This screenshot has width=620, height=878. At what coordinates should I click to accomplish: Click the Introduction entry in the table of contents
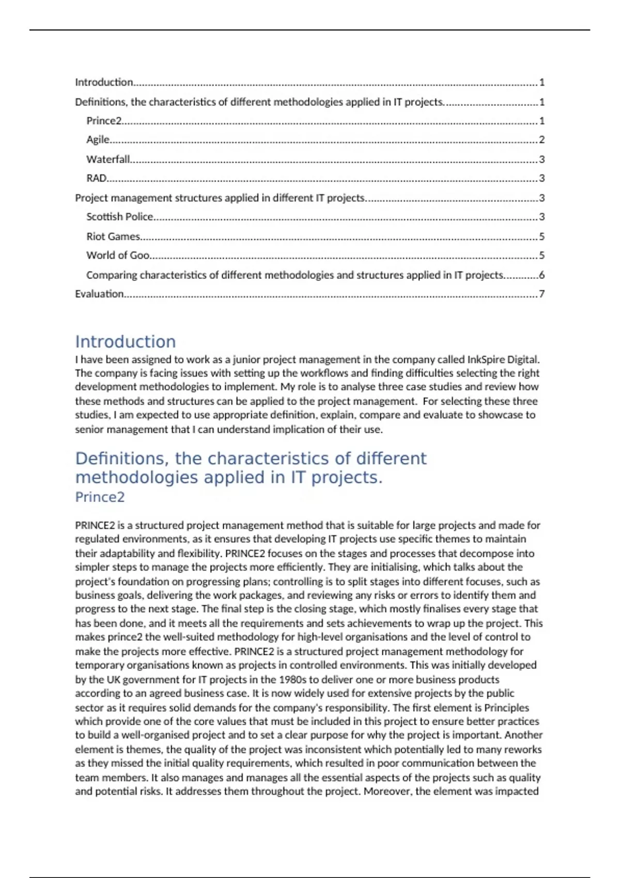tap(104, 82)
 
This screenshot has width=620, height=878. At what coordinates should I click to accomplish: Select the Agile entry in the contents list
tap(98, 139)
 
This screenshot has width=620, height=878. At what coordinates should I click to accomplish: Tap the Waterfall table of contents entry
tap(108, 159)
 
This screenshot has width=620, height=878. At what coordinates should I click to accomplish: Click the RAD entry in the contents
tap(97, 178)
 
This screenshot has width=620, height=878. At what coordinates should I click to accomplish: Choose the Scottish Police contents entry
tap(120, 217)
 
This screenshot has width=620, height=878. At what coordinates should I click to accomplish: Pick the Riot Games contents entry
tap(113, 237)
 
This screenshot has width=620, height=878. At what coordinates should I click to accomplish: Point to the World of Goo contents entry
tap(118, 255)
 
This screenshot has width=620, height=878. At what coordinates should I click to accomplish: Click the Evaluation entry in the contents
tap(99, 294)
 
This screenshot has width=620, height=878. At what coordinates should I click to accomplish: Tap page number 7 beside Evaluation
tap(541, 294)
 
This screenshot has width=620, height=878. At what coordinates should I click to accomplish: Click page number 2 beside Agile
tap(541, 139)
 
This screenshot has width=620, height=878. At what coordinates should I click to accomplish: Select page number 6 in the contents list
tap(541, 275)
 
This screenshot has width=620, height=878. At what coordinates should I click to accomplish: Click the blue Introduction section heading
tap(126, 341)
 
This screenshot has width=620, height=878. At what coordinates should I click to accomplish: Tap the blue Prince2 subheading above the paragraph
tap(100, 497)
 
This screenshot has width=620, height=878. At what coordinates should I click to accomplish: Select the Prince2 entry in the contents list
tap(104, 121)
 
